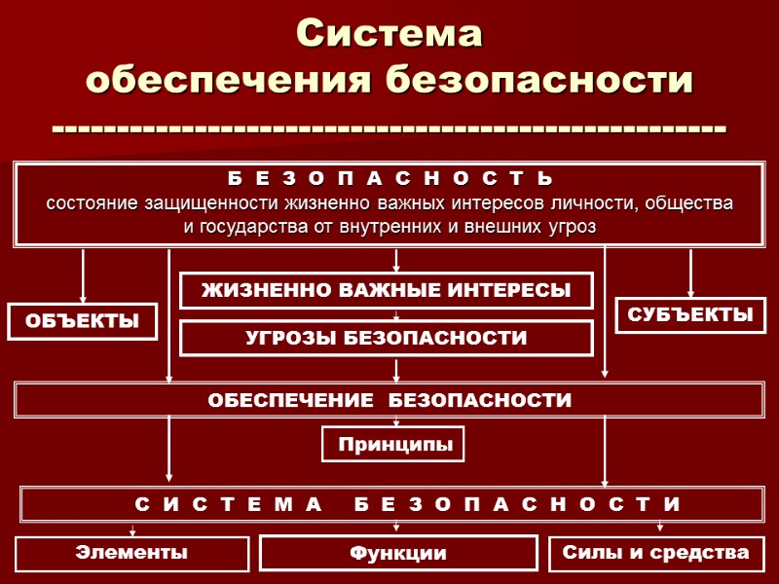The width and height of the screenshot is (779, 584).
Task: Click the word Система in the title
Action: [x=389, y=34]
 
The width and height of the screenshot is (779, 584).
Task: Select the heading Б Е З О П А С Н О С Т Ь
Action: [x=389, y=181]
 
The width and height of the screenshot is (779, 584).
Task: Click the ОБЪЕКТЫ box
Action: [x=83, y=321]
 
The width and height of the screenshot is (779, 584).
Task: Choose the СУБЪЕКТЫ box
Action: [x=690, y=315]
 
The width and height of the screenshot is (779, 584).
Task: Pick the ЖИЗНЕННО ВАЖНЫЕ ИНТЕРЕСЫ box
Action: [x=387, y=290]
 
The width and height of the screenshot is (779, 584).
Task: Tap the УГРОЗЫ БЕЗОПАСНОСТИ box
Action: [x=387, y=338]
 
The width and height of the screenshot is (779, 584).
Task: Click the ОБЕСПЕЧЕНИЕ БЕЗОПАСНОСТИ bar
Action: [x=389, y=400]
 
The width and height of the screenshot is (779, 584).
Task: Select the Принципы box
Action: [x=394, y=445]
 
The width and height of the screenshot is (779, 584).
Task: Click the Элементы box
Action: [x=131, y=553]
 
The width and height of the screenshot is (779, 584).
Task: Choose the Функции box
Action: [x=398, y=553]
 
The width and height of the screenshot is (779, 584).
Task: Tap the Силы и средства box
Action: [x=656, y=553]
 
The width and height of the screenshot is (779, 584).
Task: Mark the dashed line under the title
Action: [x=389, y=128]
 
